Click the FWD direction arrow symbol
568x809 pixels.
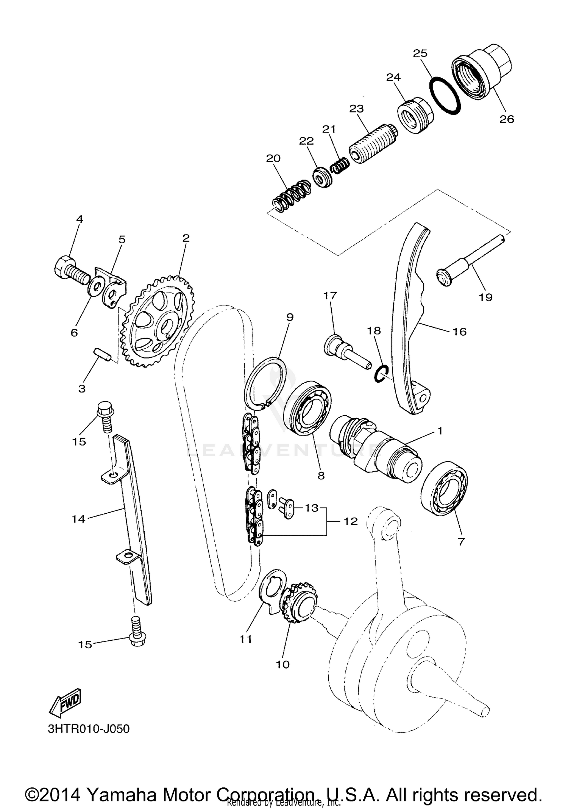click(65, 703)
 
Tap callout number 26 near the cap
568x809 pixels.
click(506, 119)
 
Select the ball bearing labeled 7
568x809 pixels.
click(444, 488)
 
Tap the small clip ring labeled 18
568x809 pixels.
click(380, 374)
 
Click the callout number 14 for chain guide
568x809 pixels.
click(78, 519)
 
